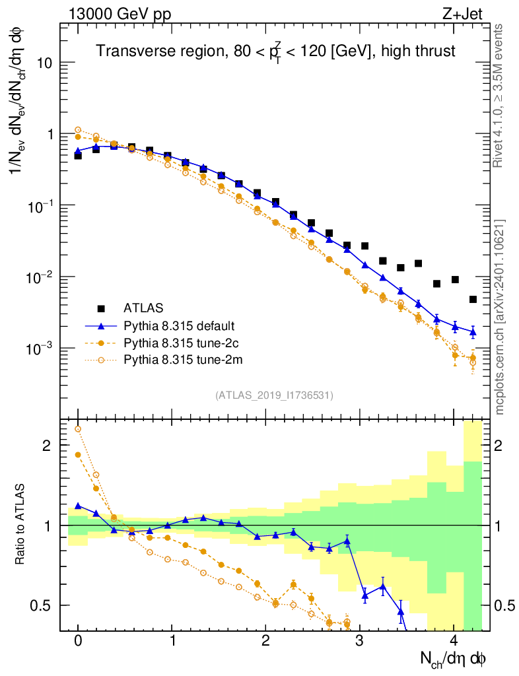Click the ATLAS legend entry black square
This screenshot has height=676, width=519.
[101, 308]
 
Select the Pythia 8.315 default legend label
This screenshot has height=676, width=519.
[179, 325]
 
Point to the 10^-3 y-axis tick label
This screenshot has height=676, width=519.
[40, 349]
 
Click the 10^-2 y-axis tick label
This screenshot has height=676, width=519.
[40, 277]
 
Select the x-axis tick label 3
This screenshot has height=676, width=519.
[359, 641]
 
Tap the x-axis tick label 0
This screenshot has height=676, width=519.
[78, 641]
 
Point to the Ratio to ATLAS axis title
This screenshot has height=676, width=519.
[21, 525]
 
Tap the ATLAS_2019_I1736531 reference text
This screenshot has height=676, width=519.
[274, 395]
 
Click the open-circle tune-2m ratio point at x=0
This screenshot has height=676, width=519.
[78, 429]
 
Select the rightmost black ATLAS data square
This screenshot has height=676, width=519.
[473, 299]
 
